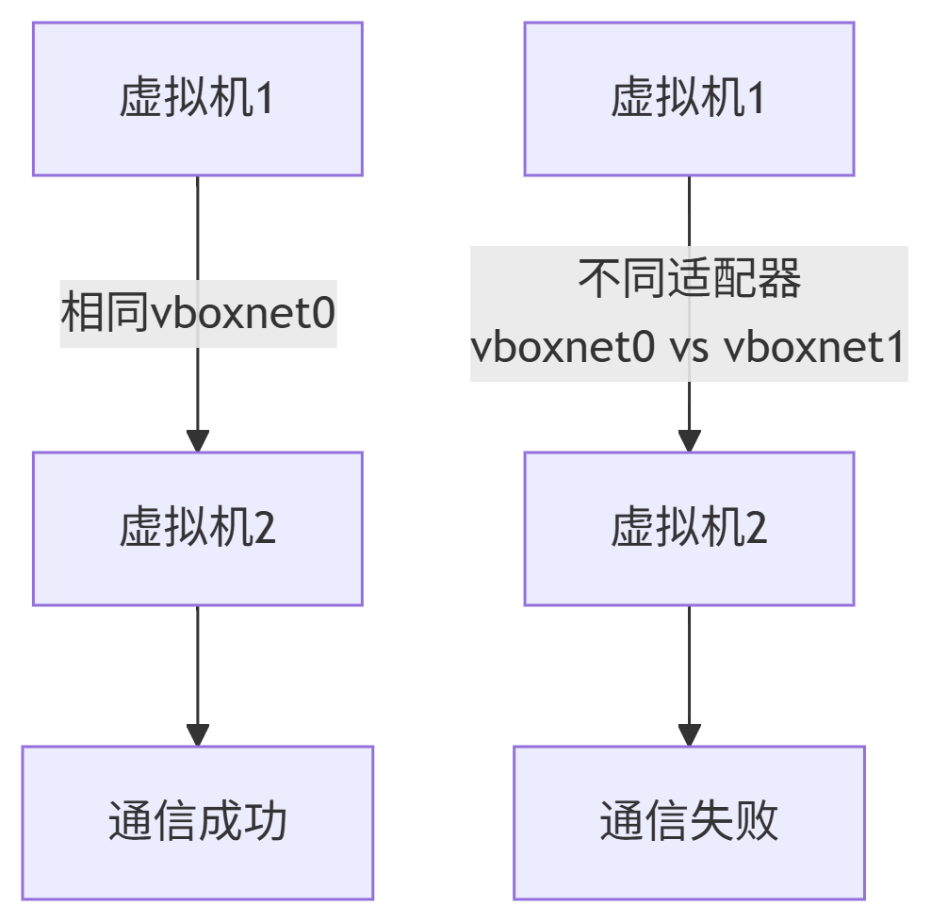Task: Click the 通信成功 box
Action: pyautogui.click(x=198, y=822)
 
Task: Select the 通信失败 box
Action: pyautogui.click(x=689, y=822)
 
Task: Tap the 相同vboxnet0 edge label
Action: pyautogui.click(x=198, y=313)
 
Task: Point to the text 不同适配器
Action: pyautogui.click(x=689, y=280)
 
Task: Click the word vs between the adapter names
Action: pyautogui.click(x=689, y=349)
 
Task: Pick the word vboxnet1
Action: pyautogui.click(x=814, y=349)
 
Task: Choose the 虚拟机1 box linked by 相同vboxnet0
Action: pyautogui.click(x=198, y=99)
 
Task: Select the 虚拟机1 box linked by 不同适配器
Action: pyautogui.click(x=689, y=99)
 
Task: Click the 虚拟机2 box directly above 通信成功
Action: pyautogui.click(x=198, y=528)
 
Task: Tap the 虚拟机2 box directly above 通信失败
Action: pyautogui.click(x=689, y=528)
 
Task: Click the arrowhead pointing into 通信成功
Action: pyautogui.click(x=198, y=735)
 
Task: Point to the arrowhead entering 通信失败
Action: pyautogui.click(x=689, y=735)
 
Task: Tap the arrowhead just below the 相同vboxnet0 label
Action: pyautogui.click(x=198, y=440)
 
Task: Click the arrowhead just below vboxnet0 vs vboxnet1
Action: pyautogui.click(x=689, y=440)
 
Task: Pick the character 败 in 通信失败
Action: pyautogui.click(x=757, y=822)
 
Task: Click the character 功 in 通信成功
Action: pyautogui.click(x=266, y=822)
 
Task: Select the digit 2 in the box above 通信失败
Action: pyautogui.click(x=757, y=529)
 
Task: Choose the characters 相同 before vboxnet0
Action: pyautogui.click(x=105, y=313)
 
